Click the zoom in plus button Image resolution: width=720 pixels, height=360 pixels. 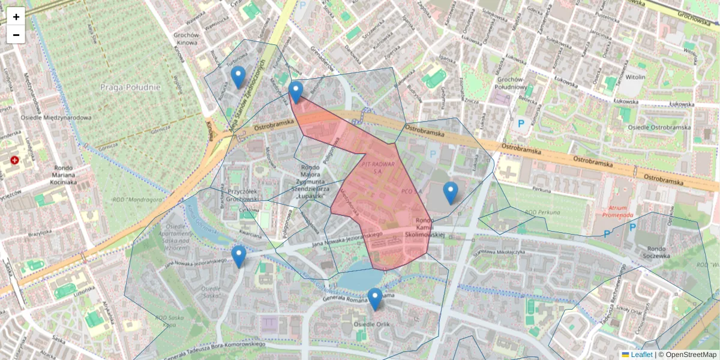click(16, 17)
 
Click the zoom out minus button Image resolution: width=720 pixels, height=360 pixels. click(16, 35)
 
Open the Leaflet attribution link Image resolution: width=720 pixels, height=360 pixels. click(641, 355)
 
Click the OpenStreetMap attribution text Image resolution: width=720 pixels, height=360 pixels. click(691, 355)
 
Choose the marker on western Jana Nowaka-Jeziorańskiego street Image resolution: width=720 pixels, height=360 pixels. click(239, 256)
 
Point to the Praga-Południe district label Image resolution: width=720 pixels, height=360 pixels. click(131, 87)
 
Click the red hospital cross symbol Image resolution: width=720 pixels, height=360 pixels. click(14, 160)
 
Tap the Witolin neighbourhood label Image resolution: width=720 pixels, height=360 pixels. click(635, 77)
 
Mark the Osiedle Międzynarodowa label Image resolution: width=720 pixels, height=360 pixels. click(56, 118)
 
